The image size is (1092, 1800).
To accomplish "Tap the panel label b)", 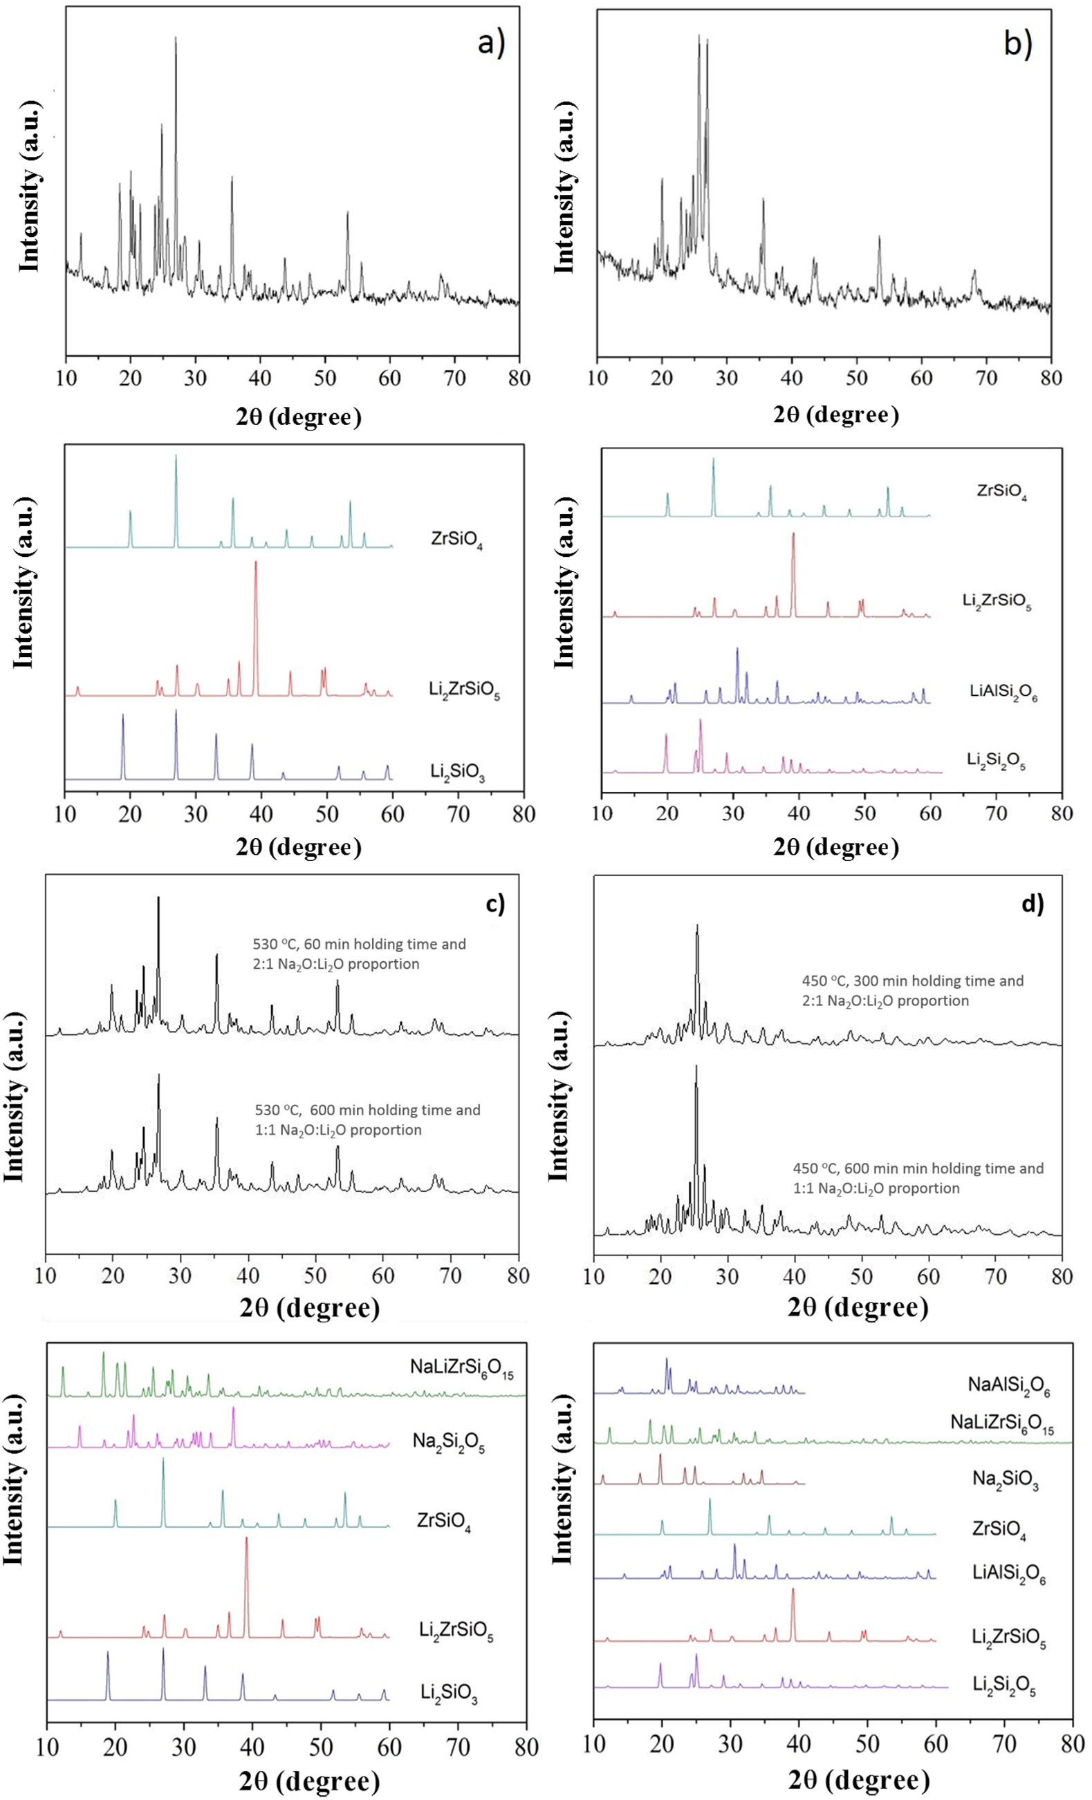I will point(1017,44).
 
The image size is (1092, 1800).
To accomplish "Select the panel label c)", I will point(495,904).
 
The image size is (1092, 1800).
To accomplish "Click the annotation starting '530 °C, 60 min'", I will point(358,954).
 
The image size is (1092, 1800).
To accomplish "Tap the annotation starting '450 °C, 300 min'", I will point(912,991).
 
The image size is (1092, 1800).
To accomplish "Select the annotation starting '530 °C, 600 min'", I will point(367,1120).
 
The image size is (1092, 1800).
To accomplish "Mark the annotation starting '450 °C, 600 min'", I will point(918,1178).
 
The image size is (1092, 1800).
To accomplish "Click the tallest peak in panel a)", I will point(176,38).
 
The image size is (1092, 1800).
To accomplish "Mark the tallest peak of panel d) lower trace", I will point(696,1065).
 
